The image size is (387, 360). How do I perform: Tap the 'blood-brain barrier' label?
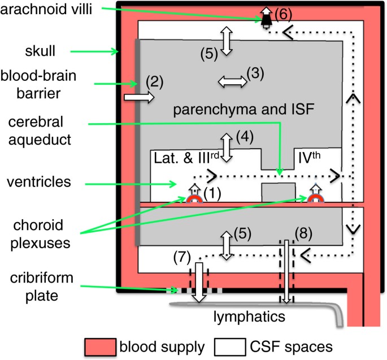pos(39,84)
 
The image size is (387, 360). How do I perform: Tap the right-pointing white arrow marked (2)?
pos(138,98)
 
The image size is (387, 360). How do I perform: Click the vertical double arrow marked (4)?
pos(227,149)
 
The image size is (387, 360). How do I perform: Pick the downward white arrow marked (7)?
pos(199,281)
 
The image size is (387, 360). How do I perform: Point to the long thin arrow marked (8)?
pos(287,271)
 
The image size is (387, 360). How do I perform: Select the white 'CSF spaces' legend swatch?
pos(225,345)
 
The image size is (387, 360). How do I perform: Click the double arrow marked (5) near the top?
pos(227,41)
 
